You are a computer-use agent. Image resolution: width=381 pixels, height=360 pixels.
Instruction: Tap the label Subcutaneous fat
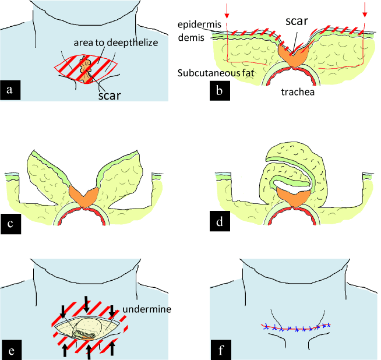tap(216, 72)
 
